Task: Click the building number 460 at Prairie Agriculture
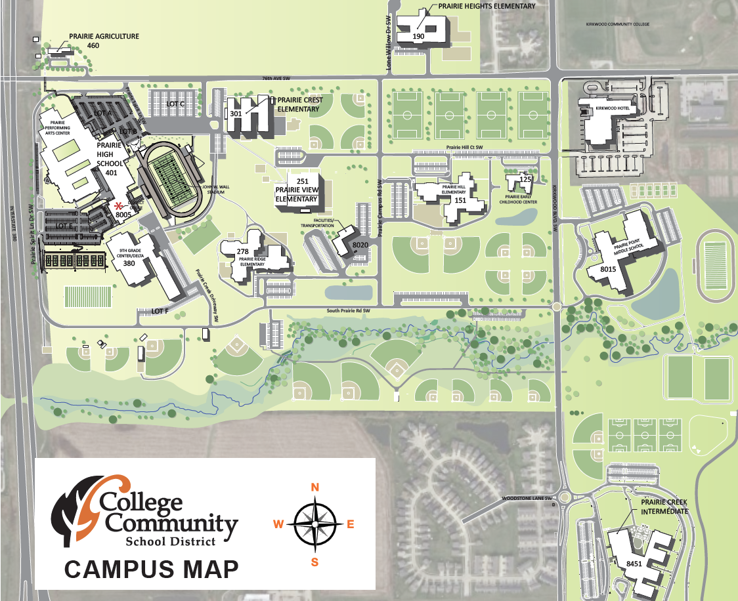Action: [93, 46]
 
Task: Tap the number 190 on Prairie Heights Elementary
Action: [419, 37]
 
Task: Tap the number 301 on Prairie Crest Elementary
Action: [236, 114]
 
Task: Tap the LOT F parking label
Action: [160, 311]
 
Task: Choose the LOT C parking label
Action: [175, 104]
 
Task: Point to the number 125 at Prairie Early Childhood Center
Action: [525, 179]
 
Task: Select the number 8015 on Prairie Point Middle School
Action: [609, 269]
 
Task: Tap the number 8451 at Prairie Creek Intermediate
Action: [634, 564]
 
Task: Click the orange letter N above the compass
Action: [315, 487]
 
